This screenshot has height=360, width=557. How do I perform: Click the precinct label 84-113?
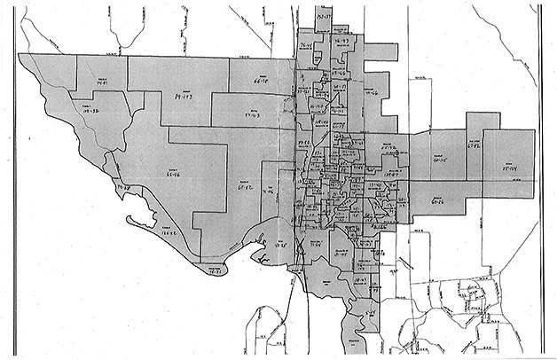pyautogui.click(x=184, y=89)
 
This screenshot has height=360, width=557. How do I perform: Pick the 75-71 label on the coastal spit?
pyautogui.click(x=214, y=272)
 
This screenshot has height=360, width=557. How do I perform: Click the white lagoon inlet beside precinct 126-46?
pyautogui.click(x=133, y=218)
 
